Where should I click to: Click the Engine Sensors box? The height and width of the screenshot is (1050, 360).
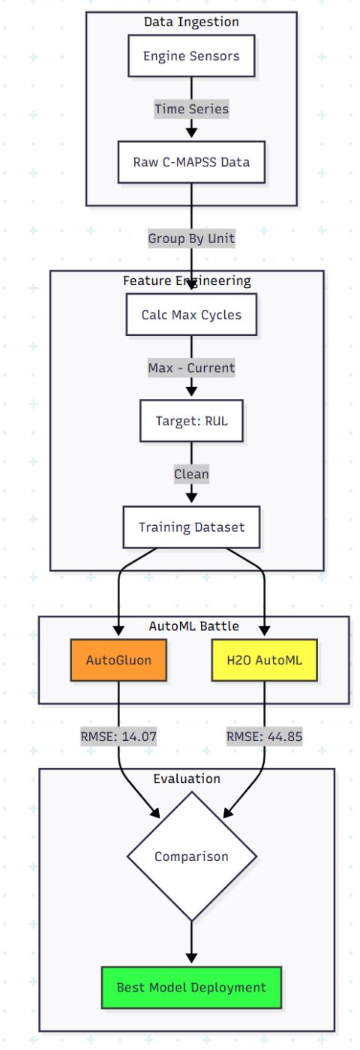click(x=191, y=56)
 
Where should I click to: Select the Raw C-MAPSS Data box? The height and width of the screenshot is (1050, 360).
click(x=191, y=162)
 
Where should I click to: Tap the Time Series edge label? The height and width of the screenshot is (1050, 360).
click(x=191, y=109)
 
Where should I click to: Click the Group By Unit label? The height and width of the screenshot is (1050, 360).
click(x=191, y=238)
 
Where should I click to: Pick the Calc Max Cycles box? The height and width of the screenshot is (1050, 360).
click(x=191, y=314)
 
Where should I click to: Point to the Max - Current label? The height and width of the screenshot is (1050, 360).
click(x=191, y=367)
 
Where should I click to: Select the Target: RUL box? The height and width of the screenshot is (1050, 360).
click(x=191, y=421)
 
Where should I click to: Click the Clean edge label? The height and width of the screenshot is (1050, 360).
click(x=191, y=474)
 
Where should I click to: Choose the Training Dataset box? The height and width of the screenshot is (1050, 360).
click(x=191, y=527)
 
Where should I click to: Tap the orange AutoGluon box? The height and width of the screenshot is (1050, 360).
click(x=118, y=660)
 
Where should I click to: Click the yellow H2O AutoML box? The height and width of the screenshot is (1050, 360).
click(x=264, y=660)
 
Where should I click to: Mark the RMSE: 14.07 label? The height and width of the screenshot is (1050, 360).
click(x=118, y=736)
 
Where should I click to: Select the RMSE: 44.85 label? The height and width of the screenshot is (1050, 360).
click(x=264, y=736)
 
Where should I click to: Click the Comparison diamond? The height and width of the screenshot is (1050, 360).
click(x=191, y=856)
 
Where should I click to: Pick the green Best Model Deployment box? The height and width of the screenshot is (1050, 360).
click(x=191, y=987)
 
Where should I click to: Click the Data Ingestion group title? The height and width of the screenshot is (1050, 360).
click(x=191, y=22)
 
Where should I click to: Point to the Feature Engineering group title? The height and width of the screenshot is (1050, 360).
click(x=187, y=280)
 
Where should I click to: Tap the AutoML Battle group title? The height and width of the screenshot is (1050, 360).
click(x=193, y=626)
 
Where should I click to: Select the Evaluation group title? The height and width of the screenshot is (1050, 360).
click(x=187, y=778)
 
